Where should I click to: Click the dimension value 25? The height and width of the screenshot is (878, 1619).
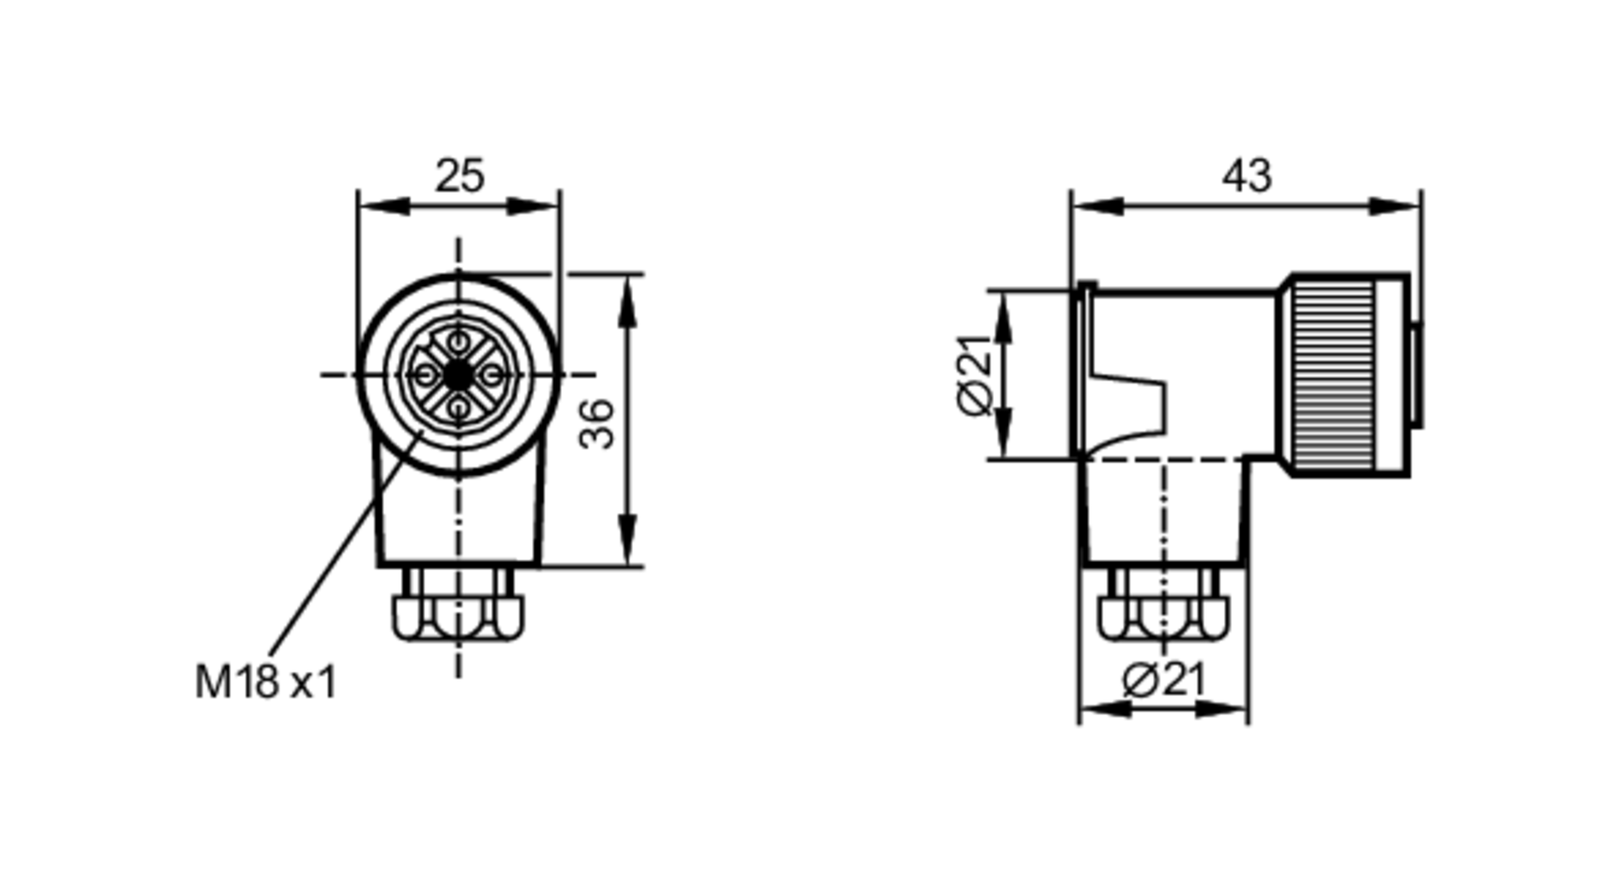pos(460,176)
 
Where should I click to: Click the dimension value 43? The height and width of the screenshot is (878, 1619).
pos(1247,176)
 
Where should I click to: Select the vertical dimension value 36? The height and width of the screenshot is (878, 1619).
pos(597,424)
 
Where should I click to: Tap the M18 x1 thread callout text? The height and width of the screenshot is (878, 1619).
pos(266,682)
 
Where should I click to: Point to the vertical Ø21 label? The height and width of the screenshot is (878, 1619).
pos(975,374)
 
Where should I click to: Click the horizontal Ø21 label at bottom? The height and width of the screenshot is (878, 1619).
pos(1164,680)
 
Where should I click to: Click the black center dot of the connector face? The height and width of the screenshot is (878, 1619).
pos(458,374)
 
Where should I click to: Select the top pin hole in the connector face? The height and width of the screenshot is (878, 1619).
pos(458,339)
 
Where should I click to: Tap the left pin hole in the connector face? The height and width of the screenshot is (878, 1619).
pos(423,374)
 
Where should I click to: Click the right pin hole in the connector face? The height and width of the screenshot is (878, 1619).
pos(493,374)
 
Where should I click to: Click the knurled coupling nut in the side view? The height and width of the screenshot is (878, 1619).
pos(1332,374)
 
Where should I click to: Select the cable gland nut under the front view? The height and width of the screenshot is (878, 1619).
pos(458,618)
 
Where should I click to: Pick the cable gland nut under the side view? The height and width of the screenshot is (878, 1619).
pos(1163,618)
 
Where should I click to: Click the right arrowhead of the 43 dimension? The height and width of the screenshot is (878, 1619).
pos(1396,207)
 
